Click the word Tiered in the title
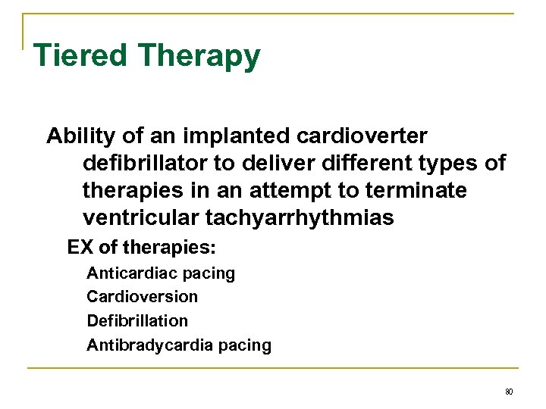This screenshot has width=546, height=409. click(x=80, y=56)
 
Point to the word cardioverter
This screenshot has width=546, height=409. click(x=364, y=137)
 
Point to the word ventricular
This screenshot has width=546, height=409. click(x=140, y=219)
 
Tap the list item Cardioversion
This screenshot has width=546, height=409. click(x=142, y=297)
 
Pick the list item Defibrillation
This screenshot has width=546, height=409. click(x=137, y=321)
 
